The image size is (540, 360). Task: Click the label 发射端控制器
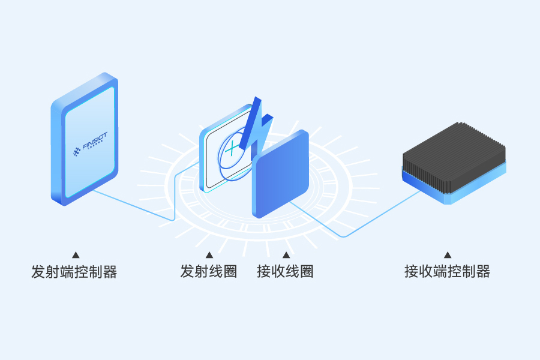click(74, 272)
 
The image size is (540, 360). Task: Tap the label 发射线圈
click(208, 271)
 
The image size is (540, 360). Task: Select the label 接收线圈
click(285, 271)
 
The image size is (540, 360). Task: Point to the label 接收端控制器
click(447, 272)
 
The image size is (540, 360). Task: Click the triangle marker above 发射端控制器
click(76, 255)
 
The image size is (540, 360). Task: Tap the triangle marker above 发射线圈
click(209, 255)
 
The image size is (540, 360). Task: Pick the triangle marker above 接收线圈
click(286, 255)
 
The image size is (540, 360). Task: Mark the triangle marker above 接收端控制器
click(447, 255)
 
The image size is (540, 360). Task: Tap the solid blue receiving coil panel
click(281, 174)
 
